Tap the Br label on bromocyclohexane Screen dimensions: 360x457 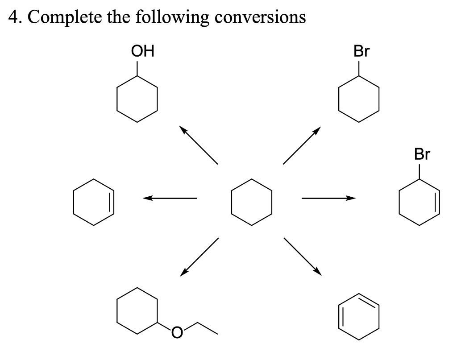pos(361,52)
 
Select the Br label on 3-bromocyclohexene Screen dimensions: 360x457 pos(422,155)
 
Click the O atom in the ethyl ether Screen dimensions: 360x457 pos(177,332)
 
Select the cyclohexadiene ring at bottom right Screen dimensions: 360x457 pos(359,317)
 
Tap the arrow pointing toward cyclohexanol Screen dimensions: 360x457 pos(199,145)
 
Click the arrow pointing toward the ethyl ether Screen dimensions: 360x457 pos(199,257)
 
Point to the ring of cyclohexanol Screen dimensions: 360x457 pos(137,98)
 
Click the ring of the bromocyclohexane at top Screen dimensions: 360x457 pos(359,98)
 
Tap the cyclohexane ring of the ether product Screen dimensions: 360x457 pos(137,310)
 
